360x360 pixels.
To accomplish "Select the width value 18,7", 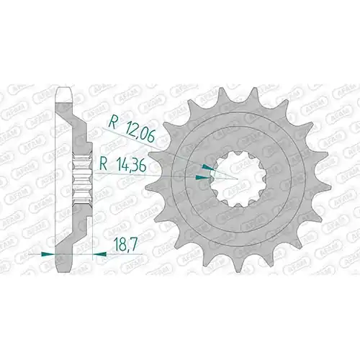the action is [125, 245].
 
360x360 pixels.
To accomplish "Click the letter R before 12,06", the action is [112, 122].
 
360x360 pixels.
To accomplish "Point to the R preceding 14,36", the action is [104, 165].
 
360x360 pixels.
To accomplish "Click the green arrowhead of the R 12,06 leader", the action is [207, 167].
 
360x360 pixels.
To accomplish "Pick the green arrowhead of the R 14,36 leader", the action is [202, 177].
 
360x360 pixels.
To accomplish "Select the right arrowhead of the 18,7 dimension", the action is [99, 253].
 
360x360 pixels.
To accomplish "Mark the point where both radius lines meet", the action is [238, 179].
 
